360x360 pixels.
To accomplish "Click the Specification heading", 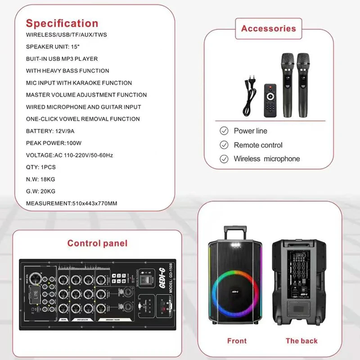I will click(x=62, y=23).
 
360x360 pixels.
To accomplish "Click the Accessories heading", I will click(x=269, y=29).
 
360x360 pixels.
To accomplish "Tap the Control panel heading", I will click(x=98, y=243).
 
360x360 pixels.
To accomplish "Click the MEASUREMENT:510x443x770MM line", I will click(x=72, y=203).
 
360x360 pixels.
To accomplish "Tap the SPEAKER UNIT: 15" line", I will click(x=56, y=47).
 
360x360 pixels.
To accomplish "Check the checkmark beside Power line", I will click(x=224, y=131).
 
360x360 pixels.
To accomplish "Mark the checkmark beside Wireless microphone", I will click(x=224, y=159).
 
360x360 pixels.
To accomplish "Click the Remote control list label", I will click(x=258, y=145).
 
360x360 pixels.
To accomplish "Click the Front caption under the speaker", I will click(x=237, y=341).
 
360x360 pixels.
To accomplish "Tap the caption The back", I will click(x=301, y=341).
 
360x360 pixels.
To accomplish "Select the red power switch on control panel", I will click(x=145, y=278).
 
